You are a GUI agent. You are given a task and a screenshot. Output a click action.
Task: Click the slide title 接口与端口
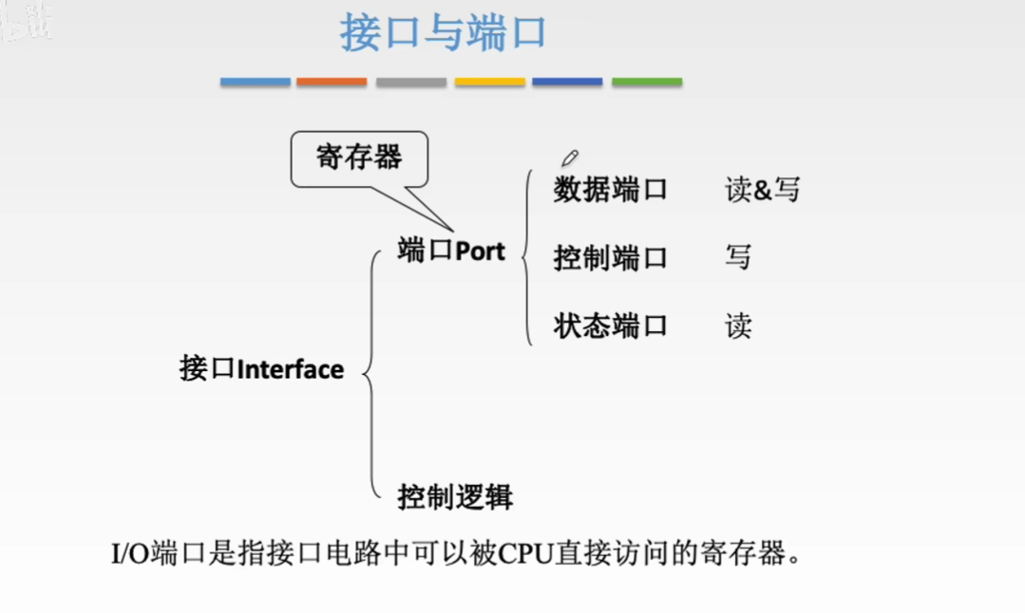pyautogui.click(x=443, y=33)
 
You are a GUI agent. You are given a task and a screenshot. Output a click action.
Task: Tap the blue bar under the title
pyautogui.click(x=256, y=83)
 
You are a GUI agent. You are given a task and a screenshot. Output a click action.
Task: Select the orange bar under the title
pyautogui.click(x=332, y=83)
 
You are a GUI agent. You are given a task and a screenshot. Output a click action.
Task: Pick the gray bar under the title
pyautogui.click(x=410, y=83)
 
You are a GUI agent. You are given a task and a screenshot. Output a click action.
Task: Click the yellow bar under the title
pyautogui.click(x=489, y=83)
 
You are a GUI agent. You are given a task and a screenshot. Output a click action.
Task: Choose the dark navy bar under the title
pyautogui.click(x=567, y=83)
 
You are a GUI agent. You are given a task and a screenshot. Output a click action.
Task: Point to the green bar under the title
pyautogui.click(x=646, y=83)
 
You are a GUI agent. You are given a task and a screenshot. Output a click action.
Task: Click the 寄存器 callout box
pyautogui.click(x=359, y=158)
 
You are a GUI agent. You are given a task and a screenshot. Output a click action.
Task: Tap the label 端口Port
pyautogui.click(x=451, y=251)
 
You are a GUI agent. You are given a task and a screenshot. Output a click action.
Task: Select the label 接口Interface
pyautogui.click(x=261, y=368)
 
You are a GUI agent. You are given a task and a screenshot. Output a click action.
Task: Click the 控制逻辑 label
pyautogui.click(x=455, y=496)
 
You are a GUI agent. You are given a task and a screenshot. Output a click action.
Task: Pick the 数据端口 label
pyautogui.click(x=610, y=190)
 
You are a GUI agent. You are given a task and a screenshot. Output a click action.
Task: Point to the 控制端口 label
pyautogui.click(x=610, y=258)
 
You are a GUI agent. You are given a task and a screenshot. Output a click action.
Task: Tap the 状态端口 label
pyautogui.click(x=610, y=326)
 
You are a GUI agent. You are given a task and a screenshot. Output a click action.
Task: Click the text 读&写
pyautogui.click(x=762, y=190)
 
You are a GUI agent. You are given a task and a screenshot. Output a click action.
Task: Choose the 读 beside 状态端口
pyautogui.click(x=738, y=326)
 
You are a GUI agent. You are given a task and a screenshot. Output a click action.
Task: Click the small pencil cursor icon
pyautogui.click(x=569, y=158)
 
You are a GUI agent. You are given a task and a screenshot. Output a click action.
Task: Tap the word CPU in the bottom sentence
pyautogui.click(x=525, y=553)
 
